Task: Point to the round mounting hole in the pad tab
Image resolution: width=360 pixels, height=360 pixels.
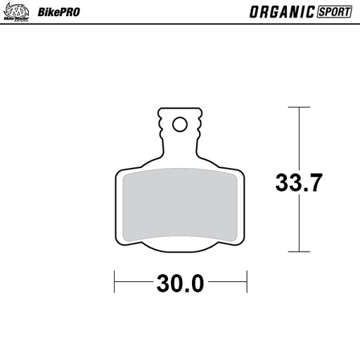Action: pyautogui.click(x=179, y=124)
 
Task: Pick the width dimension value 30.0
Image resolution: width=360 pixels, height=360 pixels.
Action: pyautogui.click(x=179, y=284)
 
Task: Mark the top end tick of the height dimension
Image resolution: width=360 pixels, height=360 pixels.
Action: pyautogui.click(x=300, y=108)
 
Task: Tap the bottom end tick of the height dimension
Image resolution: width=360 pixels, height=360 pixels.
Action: pyautogui.click(x=300, y=251)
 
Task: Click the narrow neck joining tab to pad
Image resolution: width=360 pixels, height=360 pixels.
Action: pyautogui.click(x=179, y=149)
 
